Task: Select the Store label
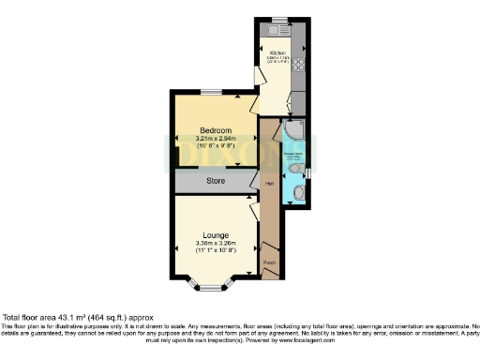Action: point(216,180)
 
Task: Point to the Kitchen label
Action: point(277,52)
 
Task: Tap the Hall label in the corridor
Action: point(269,184)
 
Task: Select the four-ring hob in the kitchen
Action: point(301,65)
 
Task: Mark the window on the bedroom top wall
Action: point(211,92)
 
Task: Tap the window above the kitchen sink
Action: point(278,19)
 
